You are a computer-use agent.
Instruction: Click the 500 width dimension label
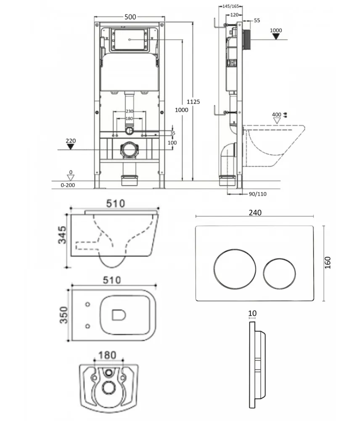pyautogui.click(x=130, y=17)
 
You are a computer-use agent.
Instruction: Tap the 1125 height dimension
pyautogui.click(x=193, y=102)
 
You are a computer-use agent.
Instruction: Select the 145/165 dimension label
pyautogui.click(x=231, y=6)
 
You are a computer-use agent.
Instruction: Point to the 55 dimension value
pyautogui.click(x=257, y=20)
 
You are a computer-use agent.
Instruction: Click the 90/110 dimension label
pyautogui.click(x=257, y=194)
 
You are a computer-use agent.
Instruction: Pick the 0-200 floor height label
pyautogui.click(x=68, y=185)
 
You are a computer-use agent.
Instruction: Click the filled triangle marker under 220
pyautogui.click(x=71, y=147)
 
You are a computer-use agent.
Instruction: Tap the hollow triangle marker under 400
pyautogui.click(x=277, y=121)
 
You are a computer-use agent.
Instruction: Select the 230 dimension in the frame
pyautogui.click(x=130, y=111)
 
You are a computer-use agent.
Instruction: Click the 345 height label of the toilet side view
pyautogui.click(x=62, y=234)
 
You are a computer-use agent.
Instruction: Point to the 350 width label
pyautogui.click(x=64, y=315)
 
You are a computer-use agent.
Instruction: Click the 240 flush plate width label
pyautogui.click(x=255, y=213)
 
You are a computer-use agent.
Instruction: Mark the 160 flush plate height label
pyautogui.click(x=328, y=263)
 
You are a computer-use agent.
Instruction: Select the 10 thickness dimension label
pyautogui.click(x=252, y=313)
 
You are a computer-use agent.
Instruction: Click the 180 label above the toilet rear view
pyautogui.click(x=107, y=355)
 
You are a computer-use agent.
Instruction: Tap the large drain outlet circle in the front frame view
pyautogui.click(x=129, y=151)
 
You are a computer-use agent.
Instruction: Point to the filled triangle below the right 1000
pyautogui.click(x=276, y=37)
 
